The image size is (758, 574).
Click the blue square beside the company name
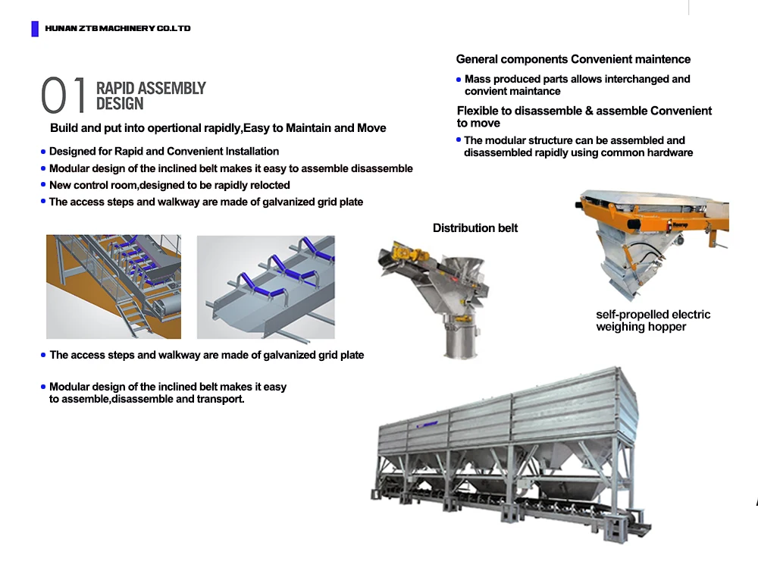click(x=35, y=29)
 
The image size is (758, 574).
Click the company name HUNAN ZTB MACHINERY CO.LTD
click(x=117, y=29)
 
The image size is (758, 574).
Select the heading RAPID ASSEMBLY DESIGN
click(x=150, y=96)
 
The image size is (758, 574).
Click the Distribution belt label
click(x=475, y=228)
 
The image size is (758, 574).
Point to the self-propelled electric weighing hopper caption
click(x=653, y=321)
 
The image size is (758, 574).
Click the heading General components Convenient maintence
click(x=573, y=59)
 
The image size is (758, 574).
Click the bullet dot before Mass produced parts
click(x=459, y=80)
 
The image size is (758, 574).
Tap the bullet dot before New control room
click(x=43, y=186)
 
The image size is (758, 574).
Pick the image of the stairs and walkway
click(x=114, y=287)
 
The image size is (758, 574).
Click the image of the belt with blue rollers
click(x=265, y=287)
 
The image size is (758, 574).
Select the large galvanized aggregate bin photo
click(x=512, y=447)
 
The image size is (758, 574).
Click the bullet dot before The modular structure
click(x=459, y=140)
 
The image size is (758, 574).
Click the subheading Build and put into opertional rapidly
click(x=218, y=128)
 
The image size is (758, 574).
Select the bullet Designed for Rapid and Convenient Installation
click(x=164, y=152)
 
